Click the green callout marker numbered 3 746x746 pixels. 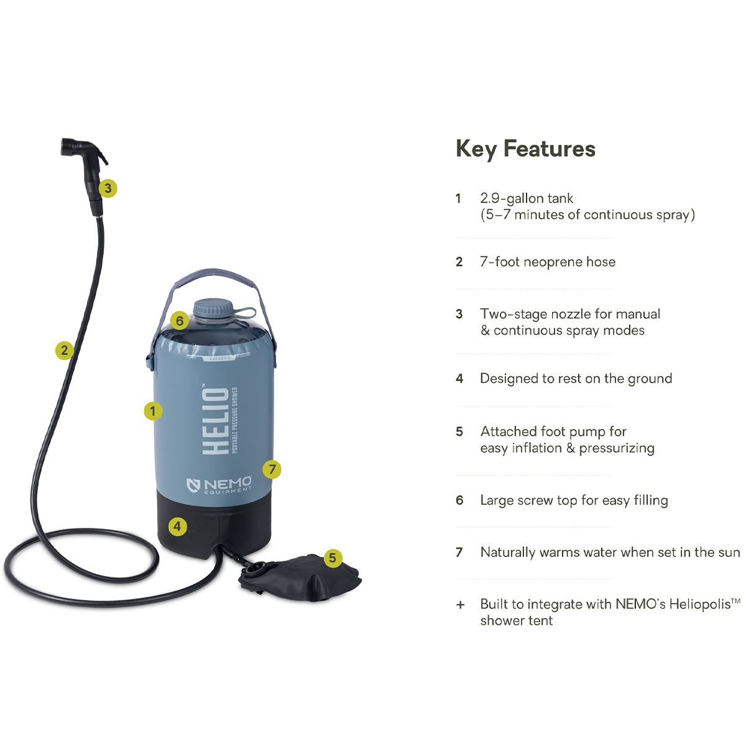pos(108,188)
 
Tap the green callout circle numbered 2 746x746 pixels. pos(64,350)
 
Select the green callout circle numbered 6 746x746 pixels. pos(180,321)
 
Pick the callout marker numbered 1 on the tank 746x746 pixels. pos(153,411)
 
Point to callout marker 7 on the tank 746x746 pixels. pos(272,469)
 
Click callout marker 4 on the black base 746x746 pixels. pos(177,527)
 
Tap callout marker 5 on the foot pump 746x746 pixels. pos(333,558)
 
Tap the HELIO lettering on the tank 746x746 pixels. pos(216,421)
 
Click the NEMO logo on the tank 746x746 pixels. pos(219,484)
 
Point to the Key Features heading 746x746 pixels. pos(525,149)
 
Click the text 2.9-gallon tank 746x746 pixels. pos(527,198)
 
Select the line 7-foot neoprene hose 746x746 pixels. pos(548,262)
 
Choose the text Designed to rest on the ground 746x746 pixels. pos(576,379)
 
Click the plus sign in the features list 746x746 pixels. pos(460,604)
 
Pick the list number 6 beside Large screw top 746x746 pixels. pos(459,500)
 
